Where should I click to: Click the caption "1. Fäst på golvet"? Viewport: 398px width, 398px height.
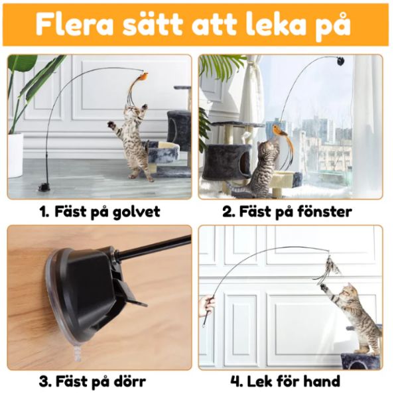(x=99, y=212)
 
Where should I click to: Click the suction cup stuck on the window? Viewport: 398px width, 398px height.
(x=340, y=61)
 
